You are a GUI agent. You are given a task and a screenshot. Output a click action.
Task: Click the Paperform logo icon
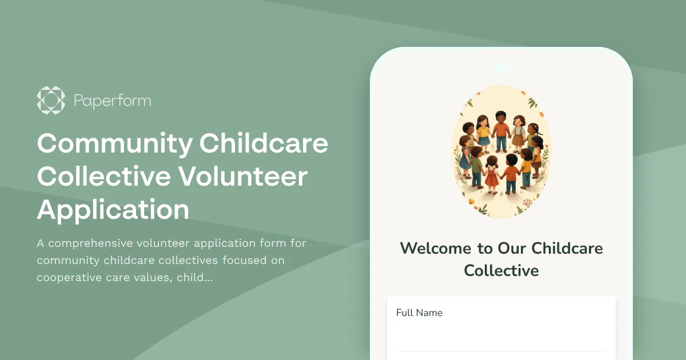click(x=51, y=101)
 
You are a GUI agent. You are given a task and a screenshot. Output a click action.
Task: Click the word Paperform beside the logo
click(x=112, y=101)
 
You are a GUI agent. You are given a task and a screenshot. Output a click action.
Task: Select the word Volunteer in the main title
click(x=243, y=177)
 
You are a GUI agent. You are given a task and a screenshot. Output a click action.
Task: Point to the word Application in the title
click(x=113, y=210)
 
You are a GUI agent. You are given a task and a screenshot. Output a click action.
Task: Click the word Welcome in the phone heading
click(x=434, y=248)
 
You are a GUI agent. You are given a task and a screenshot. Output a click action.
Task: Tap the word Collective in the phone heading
click(x=501, y=270)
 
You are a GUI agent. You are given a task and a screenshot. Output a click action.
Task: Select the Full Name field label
click(x=419, y=313)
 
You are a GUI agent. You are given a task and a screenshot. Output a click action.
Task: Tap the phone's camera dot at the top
click(x=501, y=67)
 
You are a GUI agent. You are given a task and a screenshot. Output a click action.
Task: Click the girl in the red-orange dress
click(x=491, y=175)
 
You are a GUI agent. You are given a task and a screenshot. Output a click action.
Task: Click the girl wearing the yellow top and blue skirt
click(x=484, y=132)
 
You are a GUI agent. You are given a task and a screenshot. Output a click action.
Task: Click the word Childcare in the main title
click(x=264, y=143)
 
